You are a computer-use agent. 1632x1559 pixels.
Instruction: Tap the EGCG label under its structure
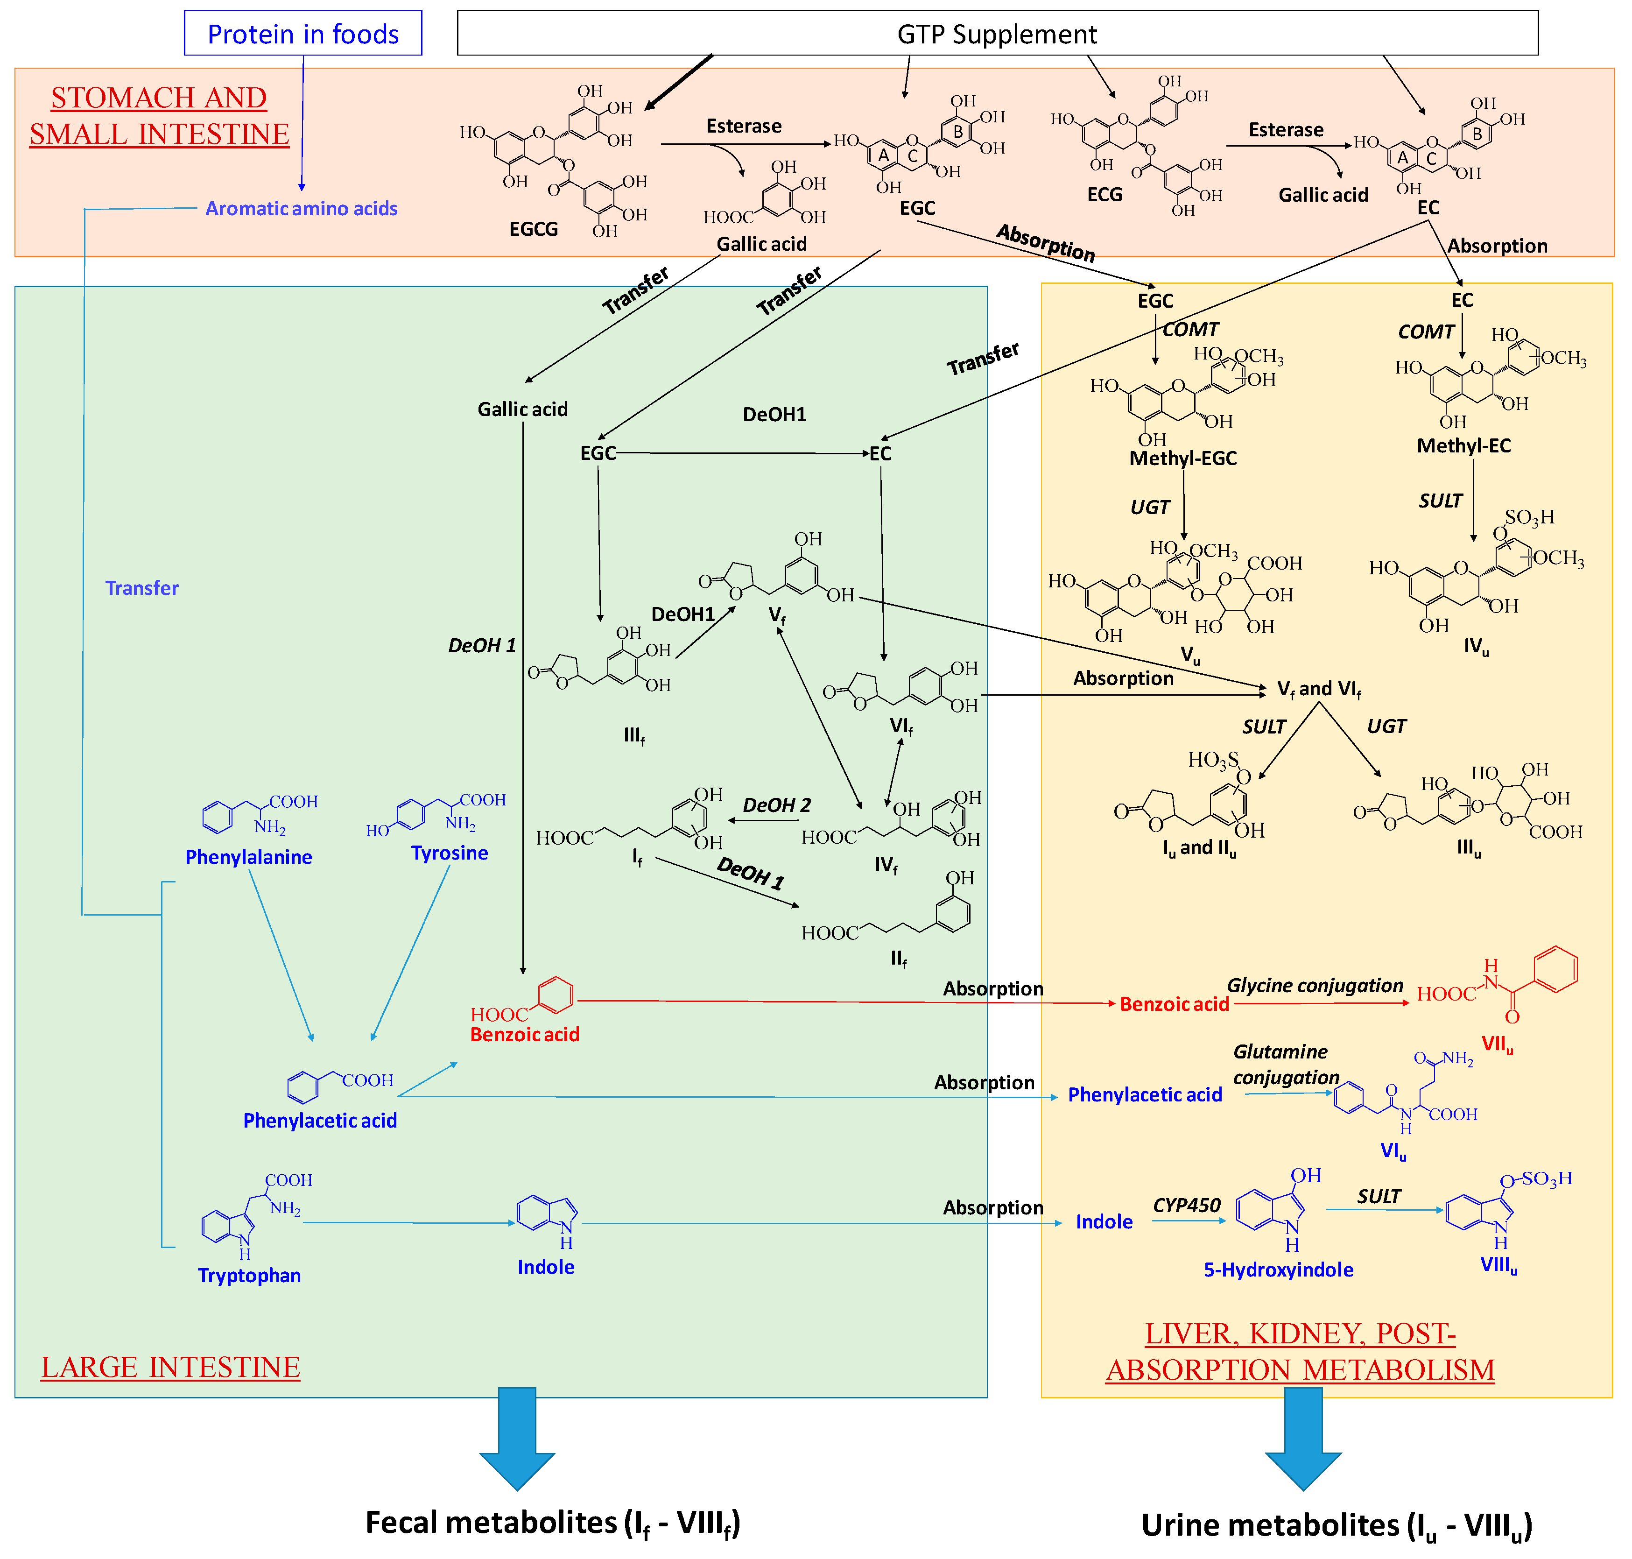(534, 228)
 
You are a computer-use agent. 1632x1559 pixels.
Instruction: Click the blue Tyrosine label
(450, 853)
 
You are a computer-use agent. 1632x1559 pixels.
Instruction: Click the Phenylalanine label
(248, 857)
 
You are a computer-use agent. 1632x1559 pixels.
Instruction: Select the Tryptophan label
(249, 1275)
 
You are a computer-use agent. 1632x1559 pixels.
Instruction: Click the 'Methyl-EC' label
(1463, 445)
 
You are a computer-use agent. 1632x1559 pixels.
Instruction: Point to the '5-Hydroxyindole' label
(1278, 1269)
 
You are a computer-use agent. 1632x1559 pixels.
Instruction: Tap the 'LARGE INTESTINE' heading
(170, 1367)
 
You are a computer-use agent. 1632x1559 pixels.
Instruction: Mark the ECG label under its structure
(1104, 194)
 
